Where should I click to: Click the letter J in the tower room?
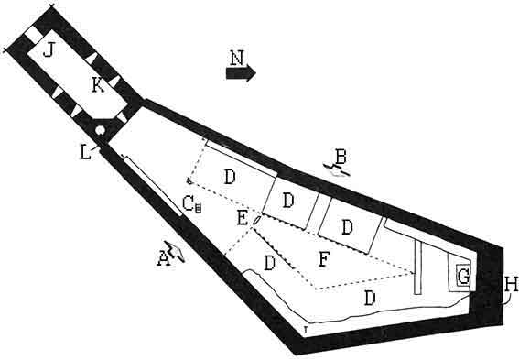(49, 50)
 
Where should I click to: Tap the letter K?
(98, 85)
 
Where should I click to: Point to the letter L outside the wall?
(85, 153)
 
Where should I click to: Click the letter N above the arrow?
(237, 58)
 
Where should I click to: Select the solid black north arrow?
(241, 73)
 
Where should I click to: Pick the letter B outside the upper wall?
(341, 157)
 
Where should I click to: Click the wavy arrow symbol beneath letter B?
(337, 169)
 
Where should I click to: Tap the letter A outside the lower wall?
(164, 258)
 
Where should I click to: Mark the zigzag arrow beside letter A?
(175, 251)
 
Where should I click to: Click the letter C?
(188, 202)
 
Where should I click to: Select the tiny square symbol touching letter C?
(198, 208)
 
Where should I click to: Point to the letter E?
(243, 218)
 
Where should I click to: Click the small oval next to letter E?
(257, 220)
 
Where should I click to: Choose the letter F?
(323, 259)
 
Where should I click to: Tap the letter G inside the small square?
(463, 277)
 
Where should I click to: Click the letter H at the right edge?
(510, 285)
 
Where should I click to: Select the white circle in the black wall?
(100, 130)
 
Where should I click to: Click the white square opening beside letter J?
(34, 34)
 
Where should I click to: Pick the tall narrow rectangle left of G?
(418, 267)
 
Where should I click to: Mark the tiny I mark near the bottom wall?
(306, 329)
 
